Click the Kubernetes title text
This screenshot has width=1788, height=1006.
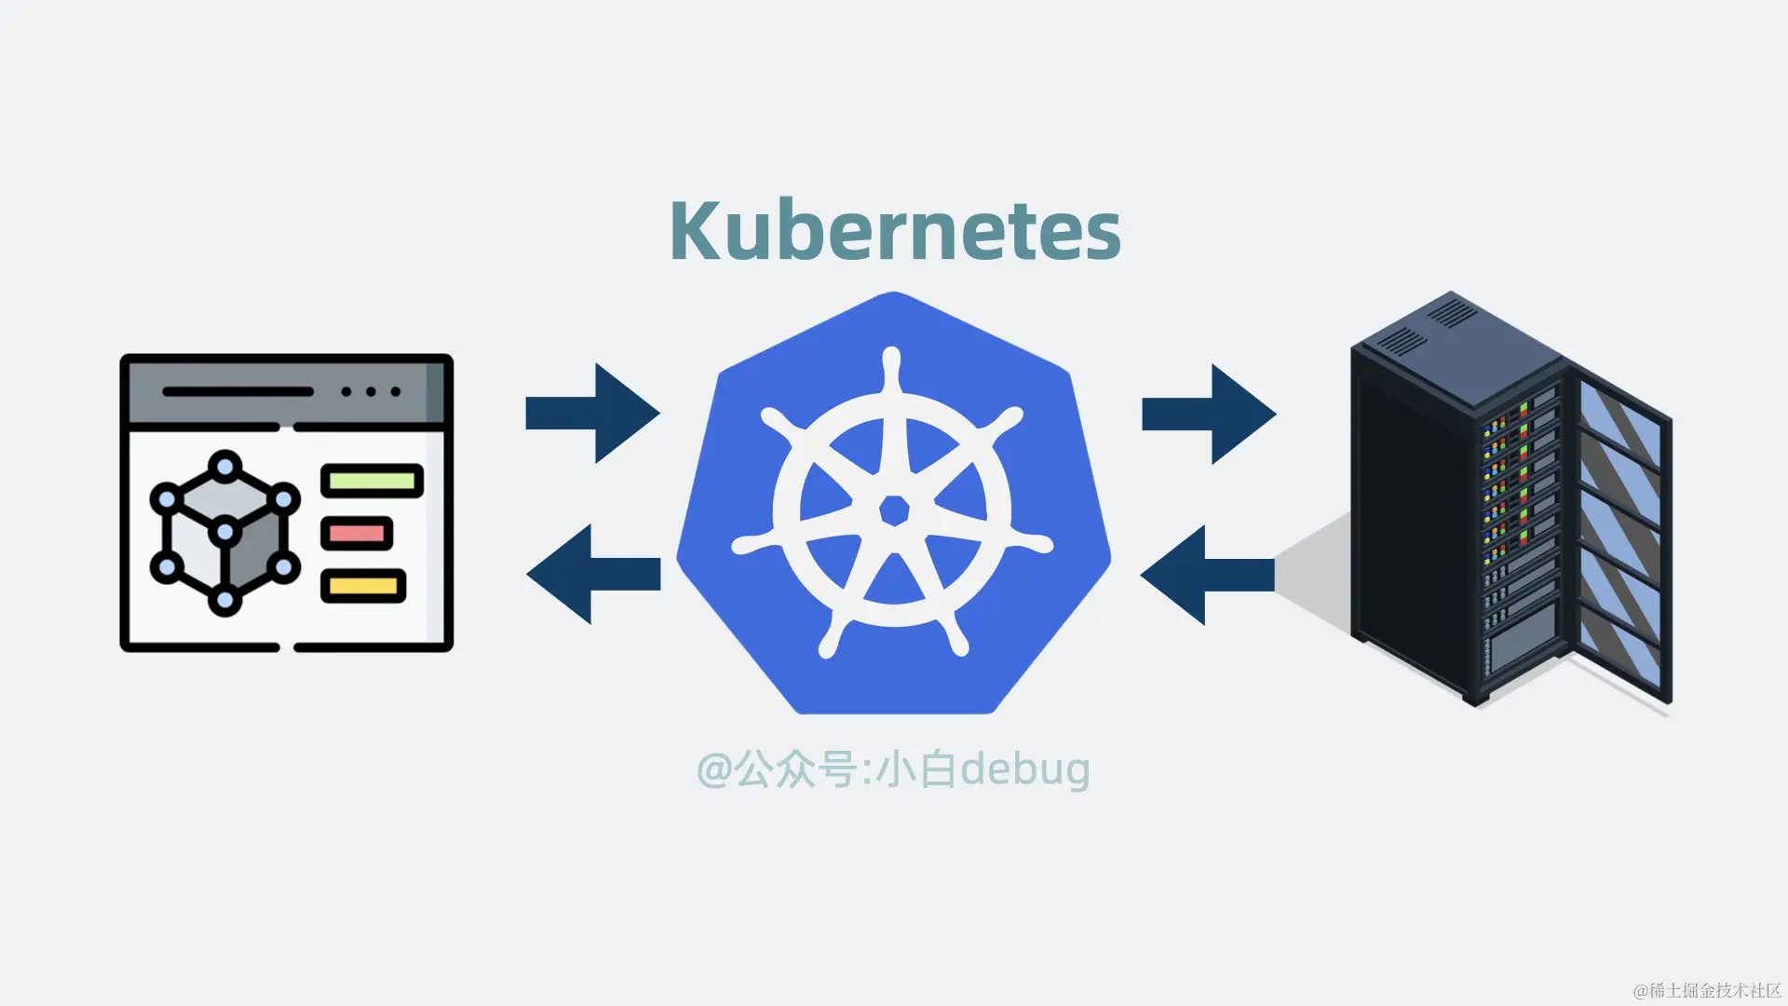(895, 230)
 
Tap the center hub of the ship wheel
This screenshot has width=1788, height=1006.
(894, 510)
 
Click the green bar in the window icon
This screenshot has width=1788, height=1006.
(372, 481)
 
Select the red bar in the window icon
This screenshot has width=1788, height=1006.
(357, 534)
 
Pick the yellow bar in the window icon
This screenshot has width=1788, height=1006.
(363, 587)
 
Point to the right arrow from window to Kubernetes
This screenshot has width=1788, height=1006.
(593, 413)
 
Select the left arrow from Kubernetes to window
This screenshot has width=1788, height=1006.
(593, 574)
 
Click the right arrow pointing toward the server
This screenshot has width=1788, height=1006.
(1209, 414)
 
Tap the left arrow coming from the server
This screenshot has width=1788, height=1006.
(1207, 575)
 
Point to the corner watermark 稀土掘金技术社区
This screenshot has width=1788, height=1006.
(1707, 989)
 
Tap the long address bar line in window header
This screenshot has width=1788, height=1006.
(238, 391)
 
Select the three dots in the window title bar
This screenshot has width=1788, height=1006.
(371, 391)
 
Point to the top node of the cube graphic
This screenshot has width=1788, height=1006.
(224, 465)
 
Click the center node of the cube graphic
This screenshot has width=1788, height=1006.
(224, 533)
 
